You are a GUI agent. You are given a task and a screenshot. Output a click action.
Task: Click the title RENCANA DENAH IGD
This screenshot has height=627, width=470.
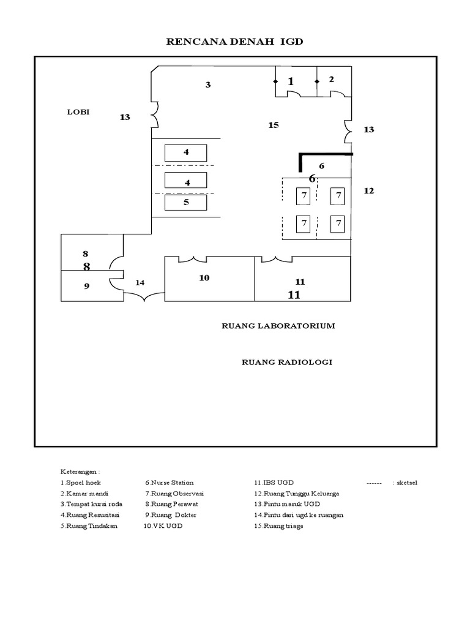[x=236, y=42]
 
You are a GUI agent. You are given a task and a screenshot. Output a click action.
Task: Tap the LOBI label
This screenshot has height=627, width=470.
[x=78, y=112]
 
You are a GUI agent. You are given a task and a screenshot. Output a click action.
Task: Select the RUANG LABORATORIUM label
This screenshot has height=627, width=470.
[x=278, y=326]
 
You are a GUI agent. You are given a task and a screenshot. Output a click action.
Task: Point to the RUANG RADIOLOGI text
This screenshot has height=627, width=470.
[x=287, y=362]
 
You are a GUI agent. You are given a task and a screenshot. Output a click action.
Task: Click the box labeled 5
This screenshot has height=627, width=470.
[x=186, y=203]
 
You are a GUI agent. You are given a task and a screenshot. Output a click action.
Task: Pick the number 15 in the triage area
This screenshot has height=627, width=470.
[x=273, y=125]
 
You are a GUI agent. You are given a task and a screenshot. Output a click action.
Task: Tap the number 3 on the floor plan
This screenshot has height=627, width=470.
[x=208, y=85]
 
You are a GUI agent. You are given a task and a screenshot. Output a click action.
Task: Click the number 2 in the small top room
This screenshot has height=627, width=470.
[x=331, y=79]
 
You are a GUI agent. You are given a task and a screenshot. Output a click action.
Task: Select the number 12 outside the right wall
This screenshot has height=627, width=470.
[x=368, y=191]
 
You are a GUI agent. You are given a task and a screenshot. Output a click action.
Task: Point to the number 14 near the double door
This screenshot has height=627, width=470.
[x=140, y=282]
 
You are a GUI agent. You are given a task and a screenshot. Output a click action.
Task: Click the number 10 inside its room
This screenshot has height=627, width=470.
[x=204, y=278]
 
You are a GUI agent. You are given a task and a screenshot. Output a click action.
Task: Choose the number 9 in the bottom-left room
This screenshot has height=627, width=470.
[x=86, y=285]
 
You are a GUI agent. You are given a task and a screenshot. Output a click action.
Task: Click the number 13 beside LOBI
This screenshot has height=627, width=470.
[x=125, y=117]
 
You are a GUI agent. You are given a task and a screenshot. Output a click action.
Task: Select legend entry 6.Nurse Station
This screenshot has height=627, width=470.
[x=169, y=483]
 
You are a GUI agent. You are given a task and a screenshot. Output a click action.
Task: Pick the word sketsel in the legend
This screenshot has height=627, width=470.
[x=407, y=483]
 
